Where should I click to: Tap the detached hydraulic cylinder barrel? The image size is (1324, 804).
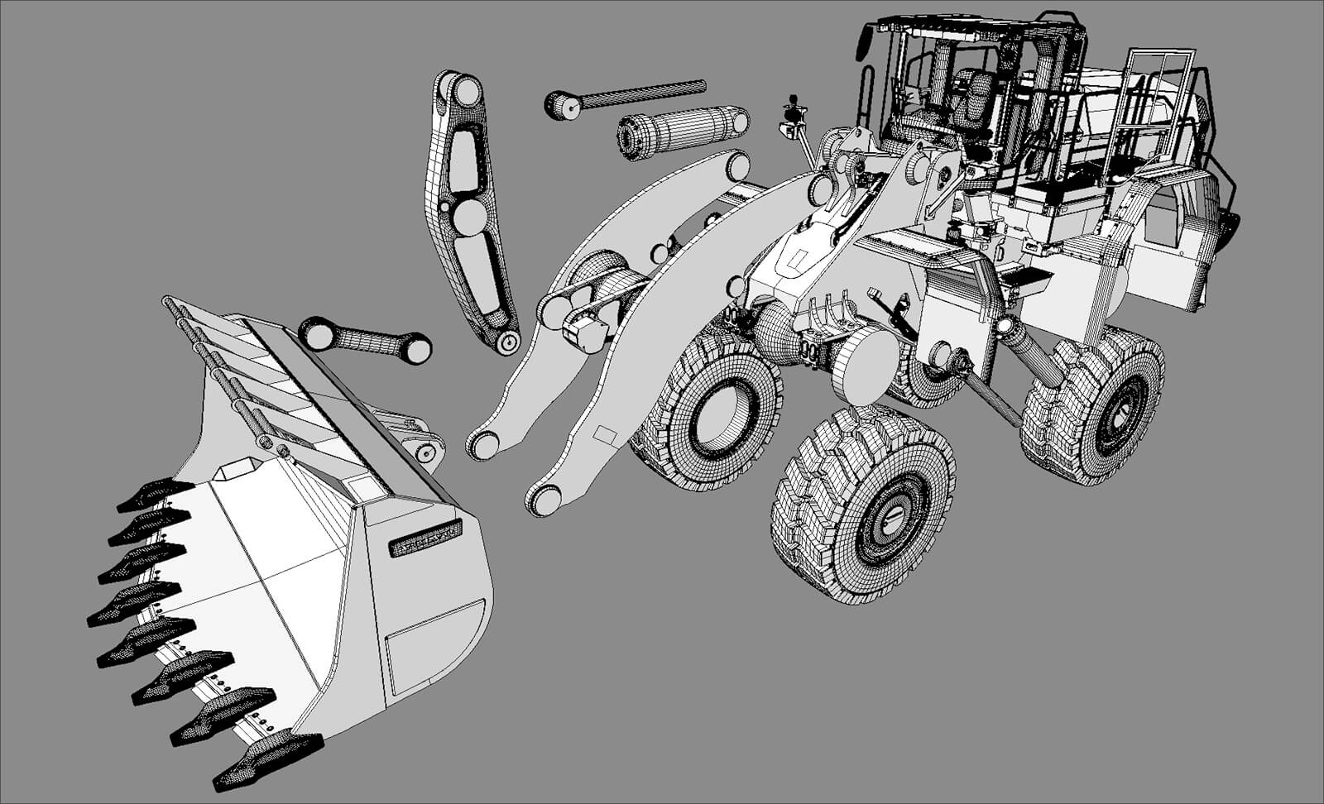pos(683,132)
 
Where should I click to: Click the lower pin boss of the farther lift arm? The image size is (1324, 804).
pos(483,445)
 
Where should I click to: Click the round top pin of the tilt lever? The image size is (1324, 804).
pos(466,90)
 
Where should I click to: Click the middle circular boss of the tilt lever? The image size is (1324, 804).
pos(470,217)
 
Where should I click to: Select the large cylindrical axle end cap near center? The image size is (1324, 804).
pos(865,364)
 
